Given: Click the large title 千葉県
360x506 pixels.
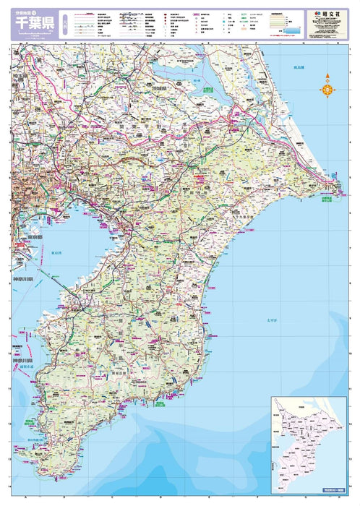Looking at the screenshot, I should pos(33,23).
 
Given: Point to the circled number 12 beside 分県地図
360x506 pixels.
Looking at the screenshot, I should pos(43,11).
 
